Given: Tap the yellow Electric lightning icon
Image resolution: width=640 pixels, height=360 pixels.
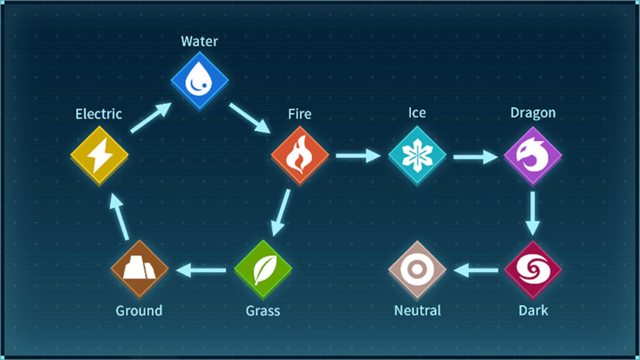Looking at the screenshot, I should [99, 154].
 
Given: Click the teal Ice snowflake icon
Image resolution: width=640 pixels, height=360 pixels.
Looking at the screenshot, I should [417, 154].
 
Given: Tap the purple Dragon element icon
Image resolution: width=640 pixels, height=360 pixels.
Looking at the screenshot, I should [532, 154].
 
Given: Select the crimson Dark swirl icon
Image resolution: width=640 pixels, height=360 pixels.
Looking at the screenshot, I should [532, 269].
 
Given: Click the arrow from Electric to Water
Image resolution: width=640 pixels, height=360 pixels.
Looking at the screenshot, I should [150, 118].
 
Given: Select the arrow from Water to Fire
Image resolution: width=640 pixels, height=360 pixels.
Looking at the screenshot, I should [249, 118].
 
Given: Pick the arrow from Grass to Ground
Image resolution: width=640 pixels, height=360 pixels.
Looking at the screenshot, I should [201, 270].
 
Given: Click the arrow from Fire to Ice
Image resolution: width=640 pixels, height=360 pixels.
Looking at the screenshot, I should [358, 155].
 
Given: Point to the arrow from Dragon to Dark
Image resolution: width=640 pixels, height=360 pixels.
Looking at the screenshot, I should [532, 212].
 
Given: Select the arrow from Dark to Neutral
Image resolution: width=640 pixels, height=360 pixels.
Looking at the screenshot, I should [475, 270].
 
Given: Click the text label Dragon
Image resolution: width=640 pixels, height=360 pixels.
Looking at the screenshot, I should [532, 113].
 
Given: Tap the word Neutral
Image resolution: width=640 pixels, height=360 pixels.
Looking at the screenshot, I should [417, 310].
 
